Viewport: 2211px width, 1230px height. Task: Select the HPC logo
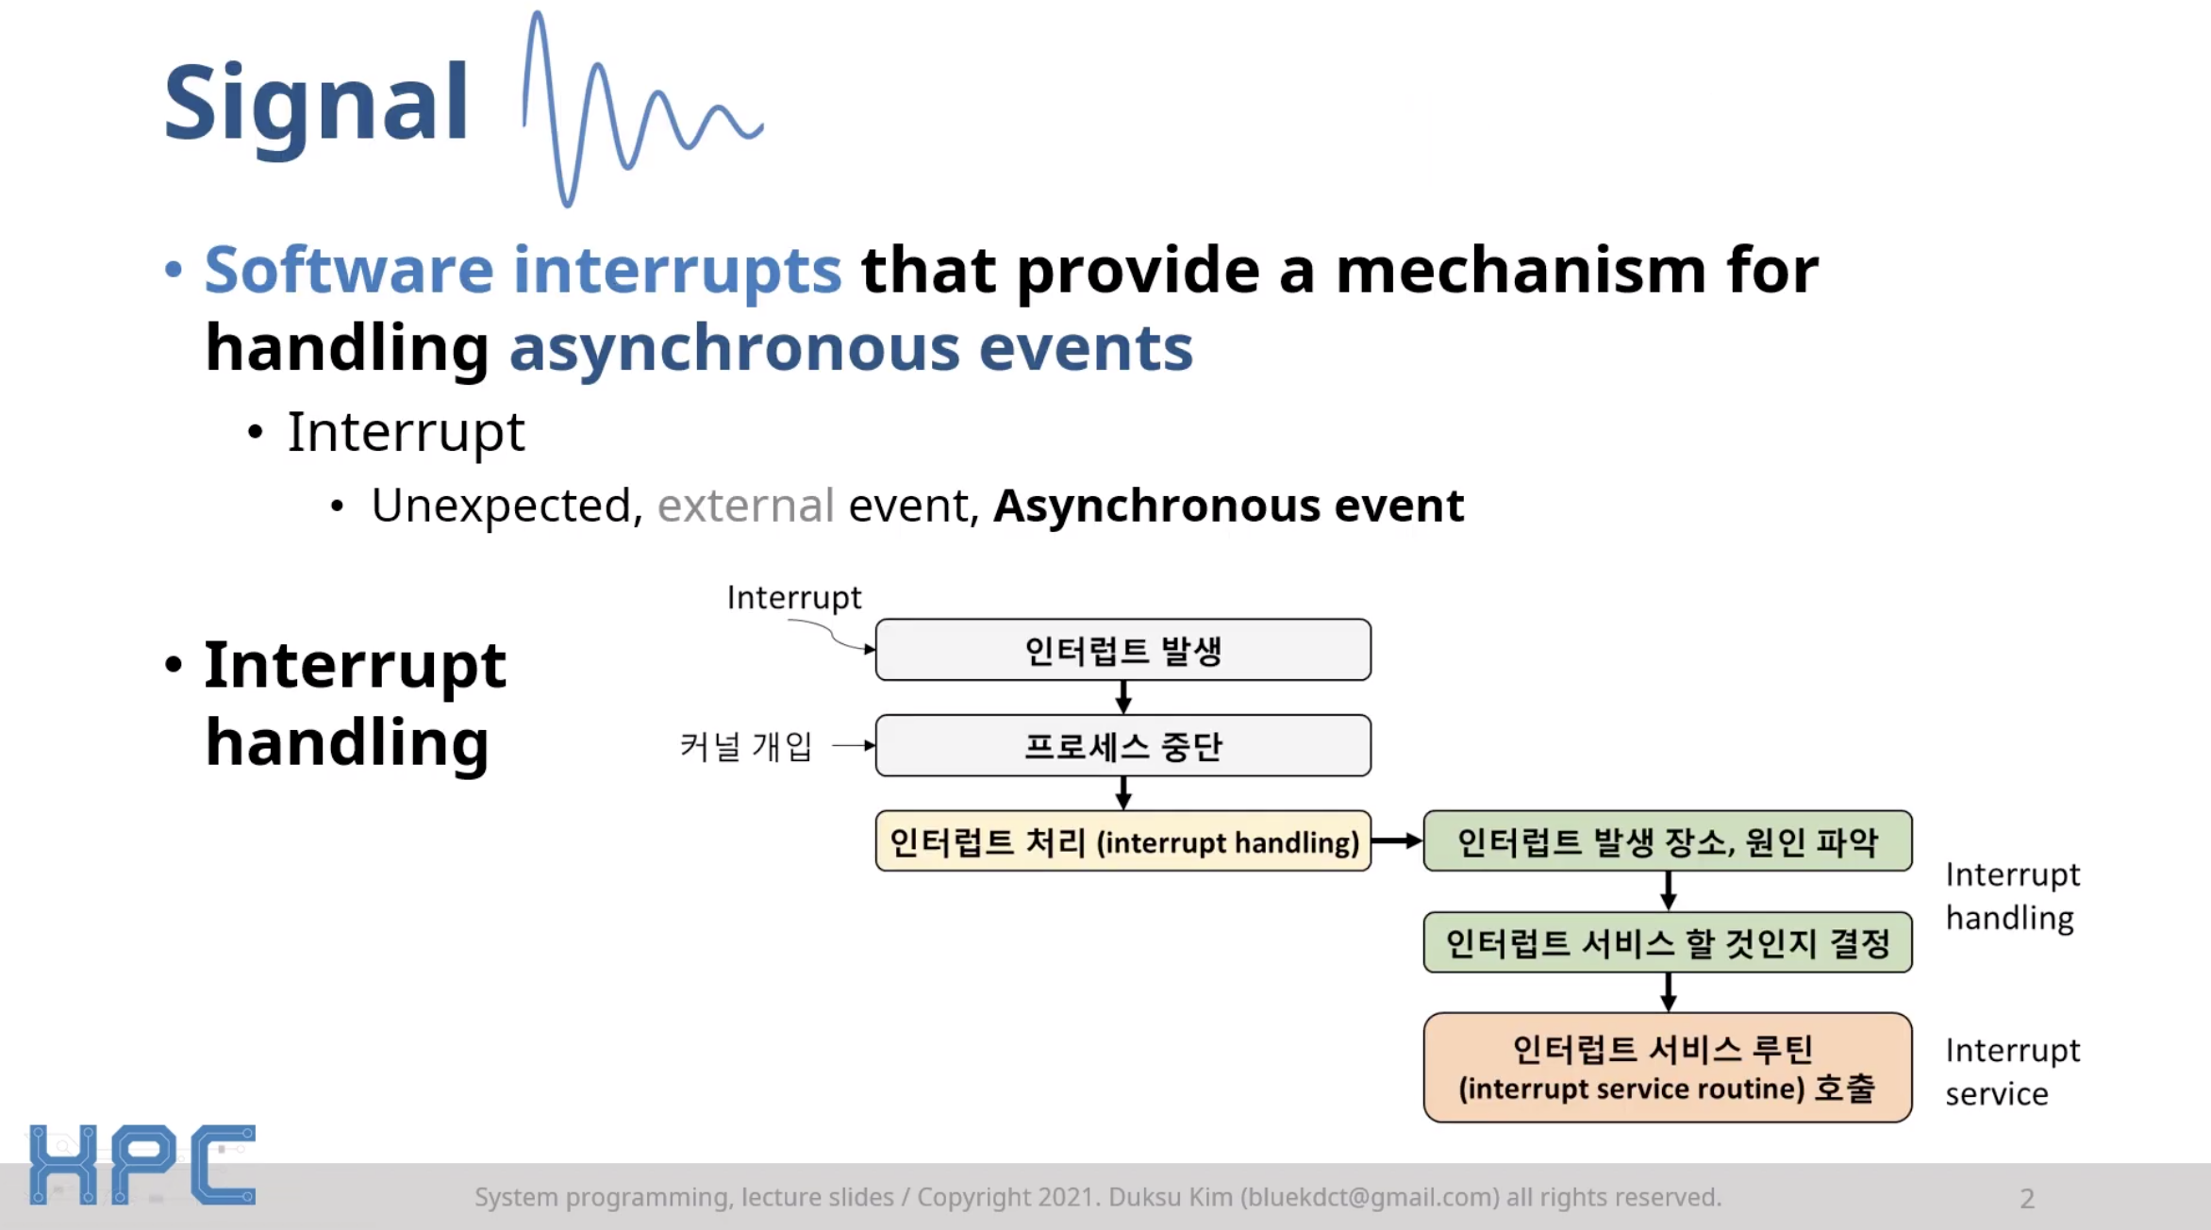141,1164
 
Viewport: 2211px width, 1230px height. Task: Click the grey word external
745,506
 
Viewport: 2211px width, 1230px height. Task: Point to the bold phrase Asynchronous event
1228,506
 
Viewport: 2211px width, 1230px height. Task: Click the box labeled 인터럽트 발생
1122,650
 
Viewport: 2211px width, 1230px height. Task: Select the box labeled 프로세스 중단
1122,746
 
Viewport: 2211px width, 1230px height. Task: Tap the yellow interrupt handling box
1122,841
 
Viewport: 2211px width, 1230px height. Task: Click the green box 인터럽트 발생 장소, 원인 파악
1667,841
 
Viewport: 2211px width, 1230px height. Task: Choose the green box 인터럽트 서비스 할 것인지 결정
1667,942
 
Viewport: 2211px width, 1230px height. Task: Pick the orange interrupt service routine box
1667,1068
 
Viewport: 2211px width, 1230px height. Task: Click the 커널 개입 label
745,746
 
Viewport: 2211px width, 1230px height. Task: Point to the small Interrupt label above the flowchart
793,597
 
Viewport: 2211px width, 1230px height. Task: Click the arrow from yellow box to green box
1397,840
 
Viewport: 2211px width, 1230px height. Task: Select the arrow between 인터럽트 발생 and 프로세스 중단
1122,697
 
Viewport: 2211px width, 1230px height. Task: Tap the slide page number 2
2027,1199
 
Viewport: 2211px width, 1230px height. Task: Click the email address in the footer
1370,1197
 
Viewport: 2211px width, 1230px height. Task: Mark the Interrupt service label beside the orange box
2011,1072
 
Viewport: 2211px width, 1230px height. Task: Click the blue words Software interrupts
523,271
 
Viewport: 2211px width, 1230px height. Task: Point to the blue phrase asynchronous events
851,348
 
